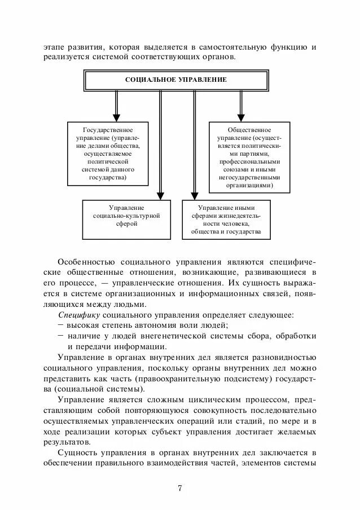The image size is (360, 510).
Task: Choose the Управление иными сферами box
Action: point(226,220)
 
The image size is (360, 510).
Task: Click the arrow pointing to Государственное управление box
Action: point(117,105)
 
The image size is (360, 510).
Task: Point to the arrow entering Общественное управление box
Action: point(241,105)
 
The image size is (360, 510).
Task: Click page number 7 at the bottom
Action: point(179,489)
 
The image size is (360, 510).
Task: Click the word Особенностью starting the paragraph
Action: point(86,262)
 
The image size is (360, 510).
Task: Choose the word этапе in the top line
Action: point(54,46)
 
